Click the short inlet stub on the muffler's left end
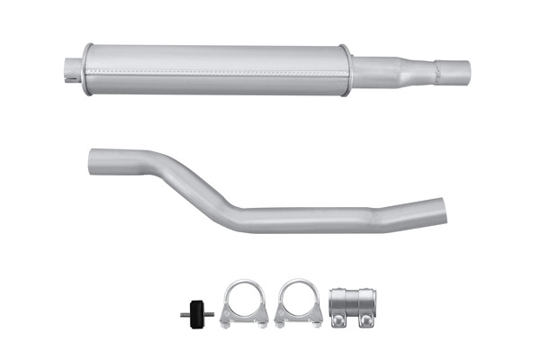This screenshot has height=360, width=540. tap(73, 68)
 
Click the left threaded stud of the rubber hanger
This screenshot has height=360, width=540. tap(184, 314)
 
